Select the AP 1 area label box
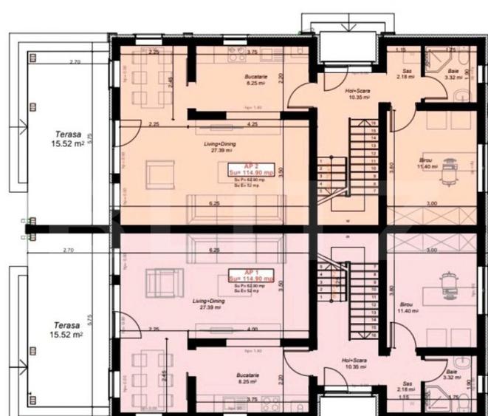pos(250,279)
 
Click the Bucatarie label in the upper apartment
pos(255,80)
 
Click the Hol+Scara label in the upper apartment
pos(357,93)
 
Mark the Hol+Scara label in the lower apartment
pos(355,363)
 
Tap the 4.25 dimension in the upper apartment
pos(252,124)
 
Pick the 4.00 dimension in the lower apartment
pos(252,329)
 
